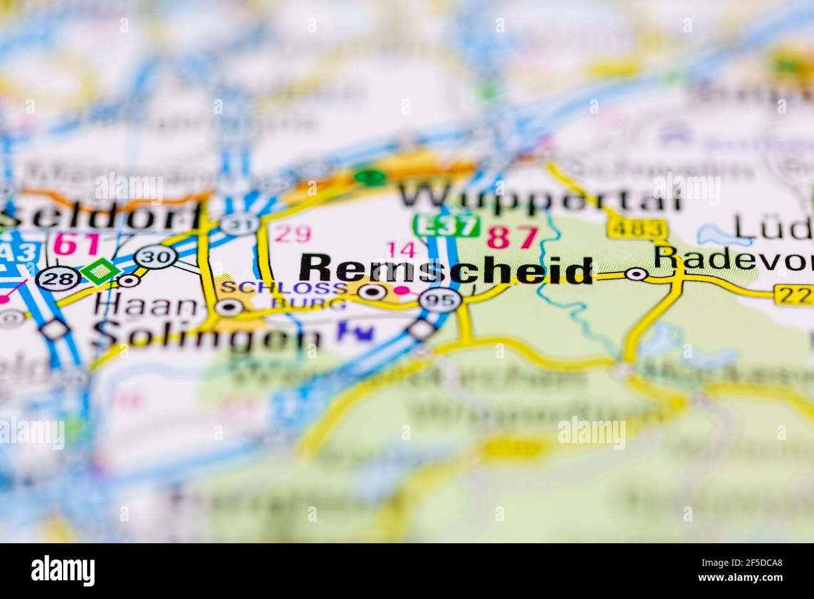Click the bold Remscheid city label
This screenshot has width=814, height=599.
(446, 269)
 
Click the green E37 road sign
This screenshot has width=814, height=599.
(445, 226)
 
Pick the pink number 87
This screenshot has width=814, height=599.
(513, 237)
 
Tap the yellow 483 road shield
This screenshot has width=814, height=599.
(636, 229)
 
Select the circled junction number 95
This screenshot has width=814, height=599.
(441, 300)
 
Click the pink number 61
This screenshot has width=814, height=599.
(76, 243)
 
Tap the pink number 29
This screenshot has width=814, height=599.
(293, 234)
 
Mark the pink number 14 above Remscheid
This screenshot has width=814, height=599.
(401, 249)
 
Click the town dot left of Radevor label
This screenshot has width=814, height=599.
(637, 274)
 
